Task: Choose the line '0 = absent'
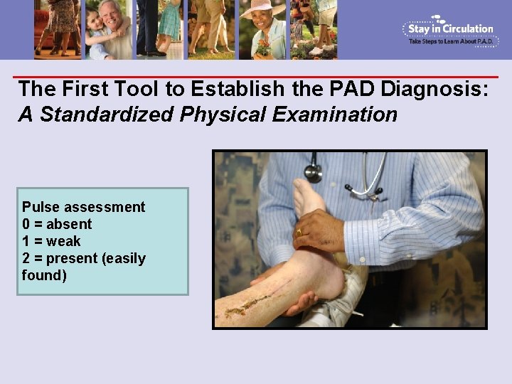click(x=57, y=224)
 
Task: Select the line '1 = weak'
click(x=51, y=241)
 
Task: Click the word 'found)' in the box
click(x=44, y=275)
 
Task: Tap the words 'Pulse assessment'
click(x=83, y=207)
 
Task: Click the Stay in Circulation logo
click(x=449, y=30)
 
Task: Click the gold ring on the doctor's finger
click(x=299, y=232)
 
